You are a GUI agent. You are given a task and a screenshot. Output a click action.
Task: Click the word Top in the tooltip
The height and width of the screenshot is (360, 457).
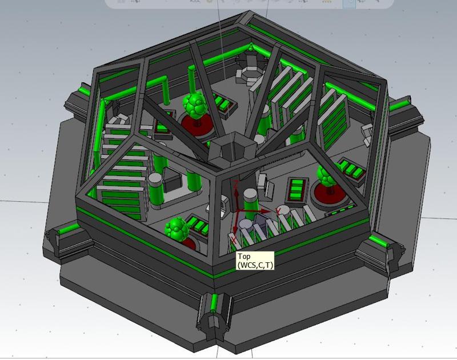[244, 257]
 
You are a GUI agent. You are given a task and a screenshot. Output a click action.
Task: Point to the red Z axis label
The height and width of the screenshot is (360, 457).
[236, 184]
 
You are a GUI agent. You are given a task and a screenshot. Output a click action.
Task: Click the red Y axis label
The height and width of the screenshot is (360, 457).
[279, 211]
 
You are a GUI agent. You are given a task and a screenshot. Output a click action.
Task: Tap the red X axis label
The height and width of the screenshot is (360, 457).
[234, 239]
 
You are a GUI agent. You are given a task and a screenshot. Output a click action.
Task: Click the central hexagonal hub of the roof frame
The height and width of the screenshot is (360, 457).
[232, 149]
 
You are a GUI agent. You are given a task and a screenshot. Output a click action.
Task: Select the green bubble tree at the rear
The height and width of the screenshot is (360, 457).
[195, 105]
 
